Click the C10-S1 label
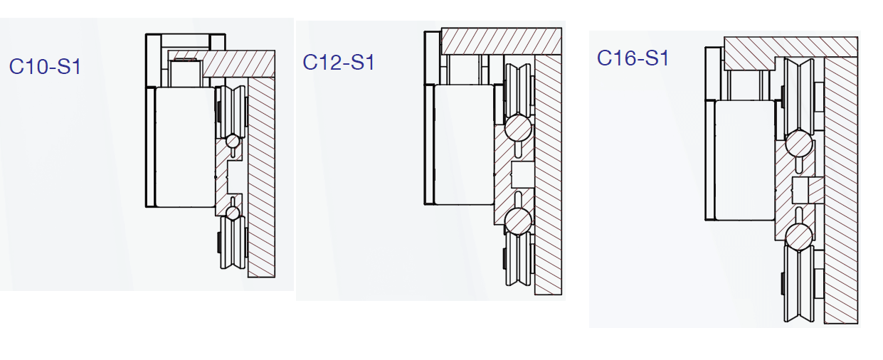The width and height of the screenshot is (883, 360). [x=45, y=68]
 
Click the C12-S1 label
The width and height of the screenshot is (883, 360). [x=339, y=63]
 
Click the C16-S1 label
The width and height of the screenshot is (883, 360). [x=633, y=58]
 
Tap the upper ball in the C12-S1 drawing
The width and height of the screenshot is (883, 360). [x=517, y=129]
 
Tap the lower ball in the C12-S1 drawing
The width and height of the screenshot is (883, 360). [x=517, y=221]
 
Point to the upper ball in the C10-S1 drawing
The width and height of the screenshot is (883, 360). [x=232, y=142]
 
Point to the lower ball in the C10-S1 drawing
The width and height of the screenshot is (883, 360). [x=232, y=212]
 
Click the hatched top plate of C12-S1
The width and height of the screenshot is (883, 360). [x=502, y=42]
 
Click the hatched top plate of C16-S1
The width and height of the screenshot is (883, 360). [x=790, y=48]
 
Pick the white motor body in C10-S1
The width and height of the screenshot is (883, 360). [x=184, y=147]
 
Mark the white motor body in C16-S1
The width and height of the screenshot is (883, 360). [x=744, y=159]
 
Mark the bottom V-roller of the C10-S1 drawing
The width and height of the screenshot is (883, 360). [x=233, y=242]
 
